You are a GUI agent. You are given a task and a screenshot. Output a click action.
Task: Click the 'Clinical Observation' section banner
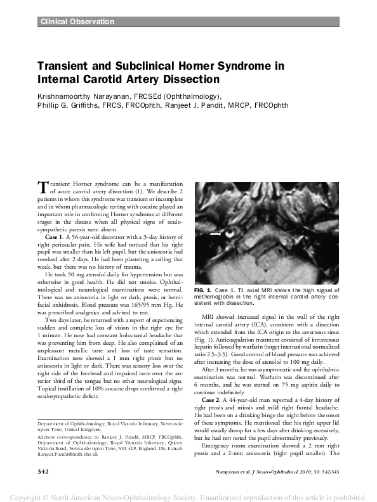77,22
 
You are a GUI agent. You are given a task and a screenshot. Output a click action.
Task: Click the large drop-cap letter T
43,186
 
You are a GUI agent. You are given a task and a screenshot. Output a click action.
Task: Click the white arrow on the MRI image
216,234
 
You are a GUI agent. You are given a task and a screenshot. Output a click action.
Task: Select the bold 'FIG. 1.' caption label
204,307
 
